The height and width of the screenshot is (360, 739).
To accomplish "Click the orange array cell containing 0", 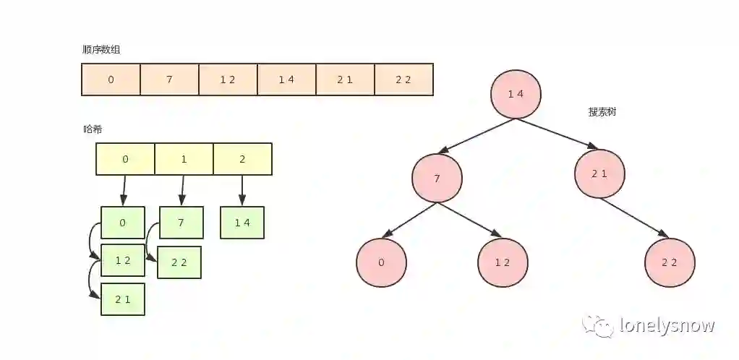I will (x=111, y=80).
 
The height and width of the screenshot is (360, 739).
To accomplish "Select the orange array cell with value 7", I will (x=169, y=80).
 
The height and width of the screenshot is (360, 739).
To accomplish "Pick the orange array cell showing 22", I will (x=403, y=80).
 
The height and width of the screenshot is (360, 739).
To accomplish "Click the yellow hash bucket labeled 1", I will (x=184, y=159).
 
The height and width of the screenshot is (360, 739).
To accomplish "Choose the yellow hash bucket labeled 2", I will (x=242, y=159).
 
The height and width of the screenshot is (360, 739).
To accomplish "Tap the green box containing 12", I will (x=123, y=260).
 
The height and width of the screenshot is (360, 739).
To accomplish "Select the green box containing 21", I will (x=123, y=299).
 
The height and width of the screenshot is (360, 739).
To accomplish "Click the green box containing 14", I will (x=242, y=223).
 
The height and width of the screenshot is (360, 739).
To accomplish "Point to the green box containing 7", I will (x=181, y=223).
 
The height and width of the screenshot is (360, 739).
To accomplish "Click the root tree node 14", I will (x=516, y=94).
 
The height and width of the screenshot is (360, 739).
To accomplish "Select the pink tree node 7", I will (x=437, y=178).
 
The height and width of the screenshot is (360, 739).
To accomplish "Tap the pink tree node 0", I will (x=381, y=262).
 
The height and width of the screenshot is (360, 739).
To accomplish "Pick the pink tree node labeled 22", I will (x=670, y=262).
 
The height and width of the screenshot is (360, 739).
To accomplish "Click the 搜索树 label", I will (x=602, y=113).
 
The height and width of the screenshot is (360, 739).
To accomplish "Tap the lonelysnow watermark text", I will (x=667, y=326).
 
